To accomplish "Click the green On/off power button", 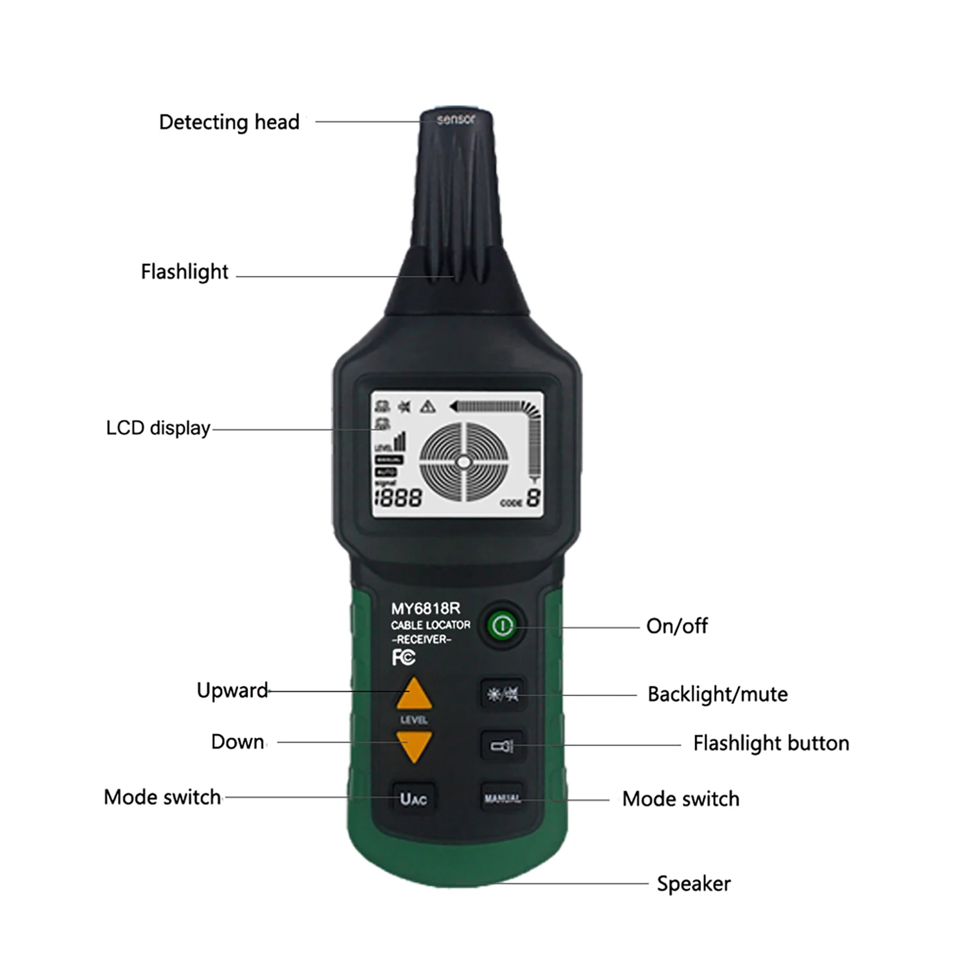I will click(502, 625).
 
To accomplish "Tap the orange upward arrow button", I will click(414, 695).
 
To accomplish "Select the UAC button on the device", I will click(413, 799).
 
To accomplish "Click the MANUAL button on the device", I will click(502, 798).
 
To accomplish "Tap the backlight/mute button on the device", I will click(502, 694).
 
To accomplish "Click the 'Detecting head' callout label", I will click(229, 122).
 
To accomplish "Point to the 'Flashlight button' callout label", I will click(771, 743).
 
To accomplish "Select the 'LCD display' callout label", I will click(158, 428).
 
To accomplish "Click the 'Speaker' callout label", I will click(693, 883).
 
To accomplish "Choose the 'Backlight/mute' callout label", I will click(717, 694).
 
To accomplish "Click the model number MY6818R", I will click(426, 608).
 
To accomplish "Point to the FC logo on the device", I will click(403, 657).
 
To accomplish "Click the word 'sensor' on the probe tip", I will click(455, 119).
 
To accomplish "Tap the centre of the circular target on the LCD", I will click(463, 463).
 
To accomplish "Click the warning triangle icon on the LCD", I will click(428, 407).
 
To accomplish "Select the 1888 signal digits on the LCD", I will click(398, 499).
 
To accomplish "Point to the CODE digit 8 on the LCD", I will click(533, 498).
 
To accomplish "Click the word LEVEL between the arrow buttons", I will click(414, 720).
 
